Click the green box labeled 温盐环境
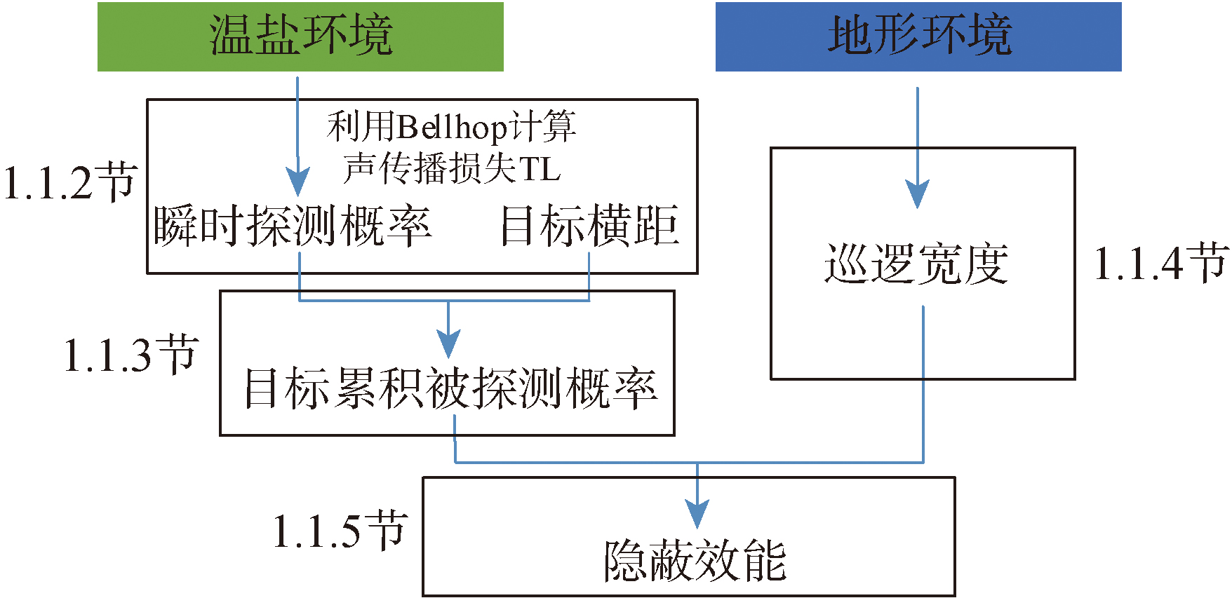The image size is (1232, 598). [300, 36]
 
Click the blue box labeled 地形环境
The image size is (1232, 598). [918, 36]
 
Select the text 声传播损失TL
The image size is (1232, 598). [453, 169]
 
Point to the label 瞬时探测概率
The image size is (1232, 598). [292, 226]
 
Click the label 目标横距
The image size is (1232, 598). [589, 226]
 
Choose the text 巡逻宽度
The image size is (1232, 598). [916, 264]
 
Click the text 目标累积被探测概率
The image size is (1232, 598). [450, 388]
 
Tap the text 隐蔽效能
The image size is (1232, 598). [695, 561]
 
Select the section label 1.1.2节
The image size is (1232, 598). [69, 183]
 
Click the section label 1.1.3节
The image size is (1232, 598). [130, 354]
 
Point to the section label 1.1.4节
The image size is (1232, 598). [1160, 264]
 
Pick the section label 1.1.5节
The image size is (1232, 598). [340, 531]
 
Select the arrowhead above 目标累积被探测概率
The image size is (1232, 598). [448, 344]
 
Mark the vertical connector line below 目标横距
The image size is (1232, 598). [589, 277]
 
